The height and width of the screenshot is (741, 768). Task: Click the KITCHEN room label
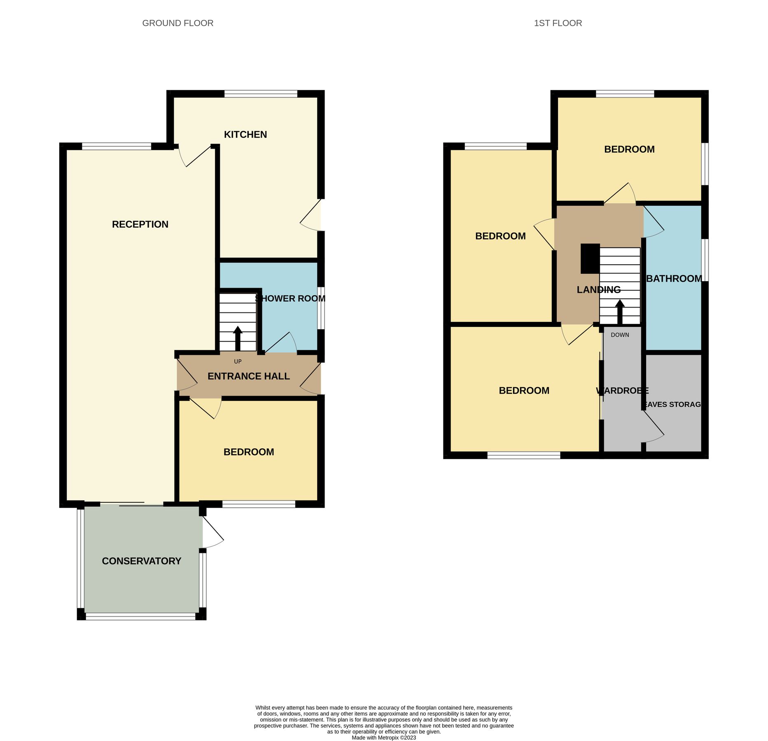click(x=245, y=135)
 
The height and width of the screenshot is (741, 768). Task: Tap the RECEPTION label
click(x=140, y=224)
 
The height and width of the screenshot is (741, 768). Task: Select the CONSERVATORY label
click(x=141, y=561)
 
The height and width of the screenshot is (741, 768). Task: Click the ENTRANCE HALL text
click(x=248, y=376)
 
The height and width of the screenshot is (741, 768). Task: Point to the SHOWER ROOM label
click(x=290, y=298)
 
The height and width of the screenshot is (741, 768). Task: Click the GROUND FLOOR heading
click(x=177, y=23)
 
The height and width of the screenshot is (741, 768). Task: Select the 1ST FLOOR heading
click(x=558, y=23)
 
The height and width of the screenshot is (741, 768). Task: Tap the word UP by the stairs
click(x=238, y=361)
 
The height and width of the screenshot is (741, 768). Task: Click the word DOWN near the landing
click(x=620, y=335)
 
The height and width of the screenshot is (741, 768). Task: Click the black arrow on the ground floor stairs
click(x=238, y=338)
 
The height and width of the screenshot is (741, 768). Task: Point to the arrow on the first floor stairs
click(x=620, y=311)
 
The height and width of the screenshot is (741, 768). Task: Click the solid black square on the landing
click(x=590, y=259)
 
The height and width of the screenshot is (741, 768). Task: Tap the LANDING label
click(x=598, y=290)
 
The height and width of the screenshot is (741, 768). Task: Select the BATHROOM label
click(x=674, y=279)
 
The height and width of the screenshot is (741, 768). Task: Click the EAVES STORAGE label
click(x=672, y=404)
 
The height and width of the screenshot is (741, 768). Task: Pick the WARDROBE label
click(x=622, y=391)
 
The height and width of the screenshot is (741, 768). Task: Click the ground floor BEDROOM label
click(x=249, y=452)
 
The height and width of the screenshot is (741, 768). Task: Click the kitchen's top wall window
click(x=261, y=94)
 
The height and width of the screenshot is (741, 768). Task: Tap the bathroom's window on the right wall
click(x=705, y=260)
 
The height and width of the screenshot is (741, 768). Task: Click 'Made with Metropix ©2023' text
click(x=384, y=738)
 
